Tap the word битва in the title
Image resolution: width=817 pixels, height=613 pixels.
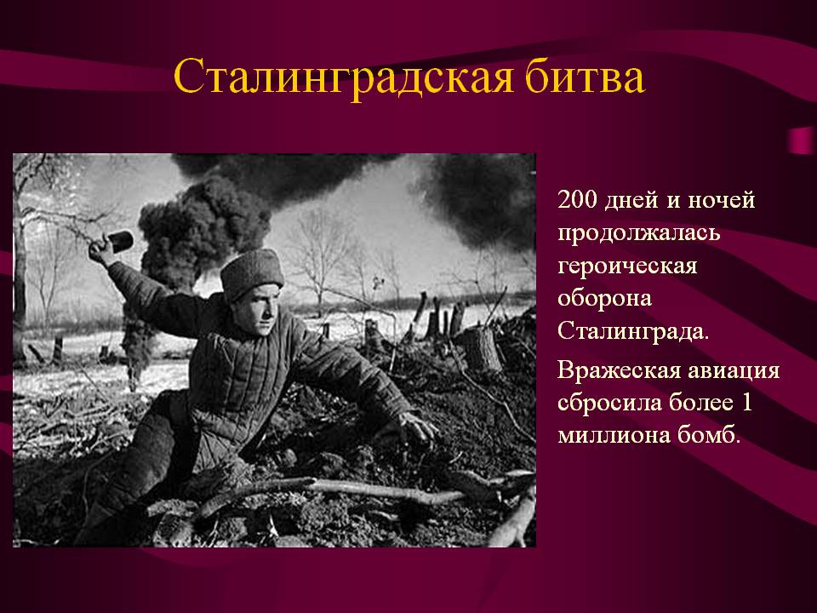coord(585,76)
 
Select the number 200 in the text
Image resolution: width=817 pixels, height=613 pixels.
coord(577,200)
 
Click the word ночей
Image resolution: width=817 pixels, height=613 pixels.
coord(722,200)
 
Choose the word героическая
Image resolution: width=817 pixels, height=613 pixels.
coord(627,266)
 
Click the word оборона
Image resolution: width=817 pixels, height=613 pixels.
coord(604,298)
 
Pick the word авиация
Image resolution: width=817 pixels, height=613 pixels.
coord(734,371)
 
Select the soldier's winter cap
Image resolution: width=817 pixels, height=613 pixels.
coord(252,272)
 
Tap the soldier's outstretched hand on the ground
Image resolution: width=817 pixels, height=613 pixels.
coord(417,427)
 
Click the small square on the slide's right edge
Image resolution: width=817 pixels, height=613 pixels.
coord(802,140)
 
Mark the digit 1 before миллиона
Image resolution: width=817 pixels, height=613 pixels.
coord(746,403)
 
